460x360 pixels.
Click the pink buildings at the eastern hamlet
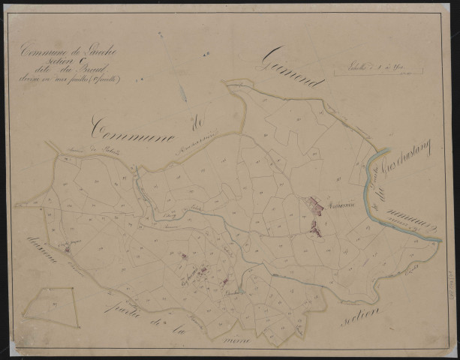tap(315, 207)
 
